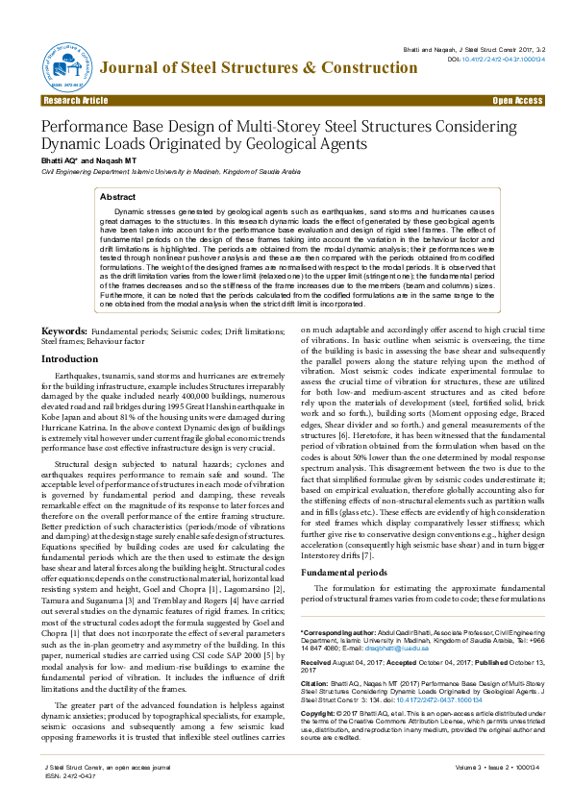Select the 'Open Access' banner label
(517, 100)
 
